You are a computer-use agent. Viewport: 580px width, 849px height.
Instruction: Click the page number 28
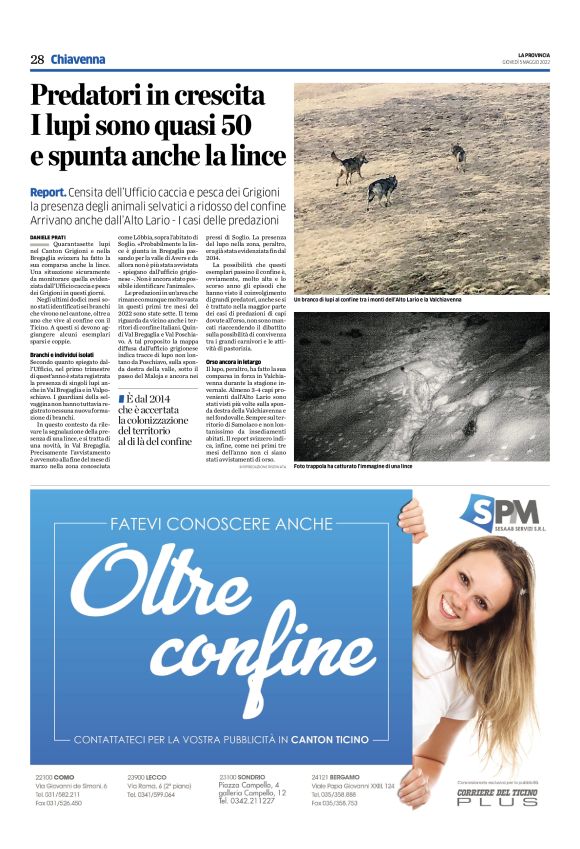click(x=37, y=59)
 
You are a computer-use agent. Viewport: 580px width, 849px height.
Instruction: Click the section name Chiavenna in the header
click(x=78, y=59)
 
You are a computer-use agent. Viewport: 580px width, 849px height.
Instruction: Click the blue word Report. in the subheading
click(x=49, y=191)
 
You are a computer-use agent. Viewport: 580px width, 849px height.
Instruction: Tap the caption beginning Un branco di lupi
click(x=378, y=299)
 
